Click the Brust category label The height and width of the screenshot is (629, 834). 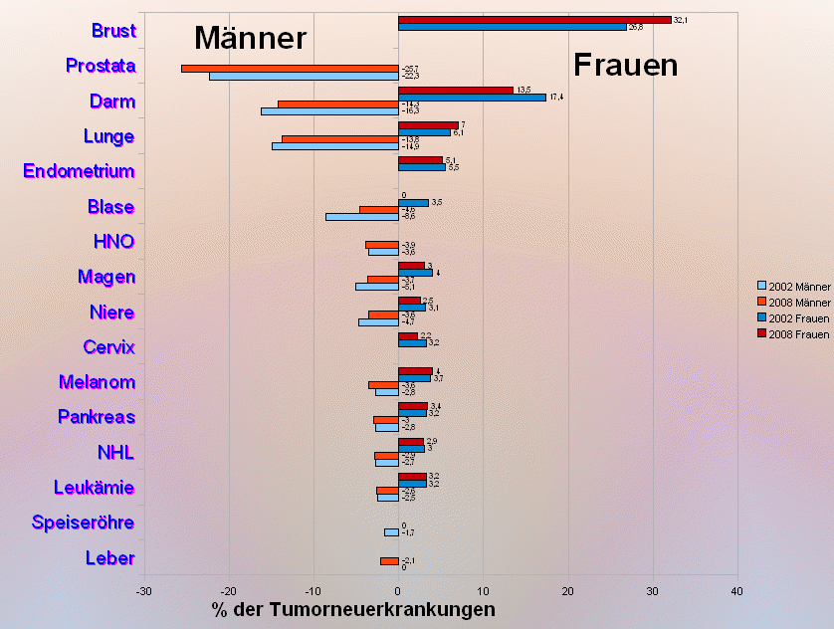113,31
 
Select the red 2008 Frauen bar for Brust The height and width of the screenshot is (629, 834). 533,20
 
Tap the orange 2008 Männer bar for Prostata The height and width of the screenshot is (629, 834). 289,69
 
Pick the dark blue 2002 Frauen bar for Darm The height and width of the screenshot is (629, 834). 472,98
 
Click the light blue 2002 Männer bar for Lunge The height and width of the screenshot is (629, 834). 334,146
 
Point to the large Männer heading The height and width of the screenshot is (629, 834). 250,38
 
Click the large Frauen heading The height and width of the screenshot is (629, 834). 626,66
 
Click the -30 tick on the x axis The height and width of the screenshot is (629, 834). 144,592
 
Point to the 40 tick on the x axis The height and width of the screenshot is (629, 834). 736,592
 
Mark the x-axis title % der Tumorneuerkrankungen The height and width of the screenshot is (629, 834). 353,610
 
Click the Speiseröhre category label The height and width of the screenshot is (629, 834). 84,523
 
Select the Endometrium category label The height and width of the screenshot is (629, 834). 79,171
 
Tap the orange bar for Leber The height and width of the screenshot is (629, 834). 389,561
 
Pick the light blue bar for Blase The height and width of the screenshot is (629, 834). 361,217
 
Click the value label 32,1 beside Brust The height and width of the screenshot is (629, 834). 681,20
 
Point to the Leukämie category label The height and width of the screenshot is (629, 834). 94,488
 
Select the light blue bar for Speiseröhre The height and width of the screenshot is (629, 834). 391,532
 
